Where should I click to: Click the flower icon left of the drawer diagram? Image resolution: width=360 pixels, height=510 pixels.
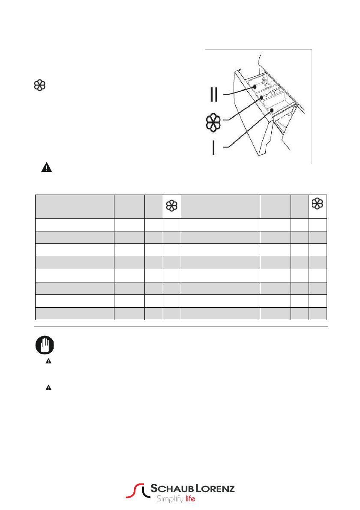click(39, 85)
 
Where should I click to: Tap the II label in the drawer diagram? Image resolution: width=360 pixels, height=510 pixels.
click(214, 94)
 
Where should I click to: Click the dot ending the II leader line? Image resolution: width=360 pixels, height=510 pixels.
click(255, 87)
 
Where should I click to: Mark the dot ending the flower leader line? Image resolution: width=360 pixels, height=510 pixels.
click(261, 98)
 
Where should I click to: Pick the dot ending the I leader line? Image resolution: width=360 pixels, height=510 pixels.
click(272, 111)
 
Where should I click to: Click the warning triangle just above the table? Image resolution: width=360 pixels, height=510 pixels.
click(46, 168)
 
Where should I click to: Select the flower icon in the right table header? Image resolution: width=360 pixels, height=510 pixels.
click(318, 204)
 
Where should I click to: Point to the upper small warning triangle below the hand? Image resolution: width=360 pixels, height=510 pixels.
click(48, 362)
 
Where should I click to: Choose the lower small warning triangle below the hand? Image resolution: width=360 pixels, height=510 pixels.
click(48, 387)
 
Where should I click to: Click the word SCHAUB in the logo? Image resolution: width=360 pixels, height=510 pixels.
click(169, 489)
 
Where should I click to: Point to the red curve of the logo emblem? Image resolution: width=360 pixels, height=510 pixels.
click(133, 491)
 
